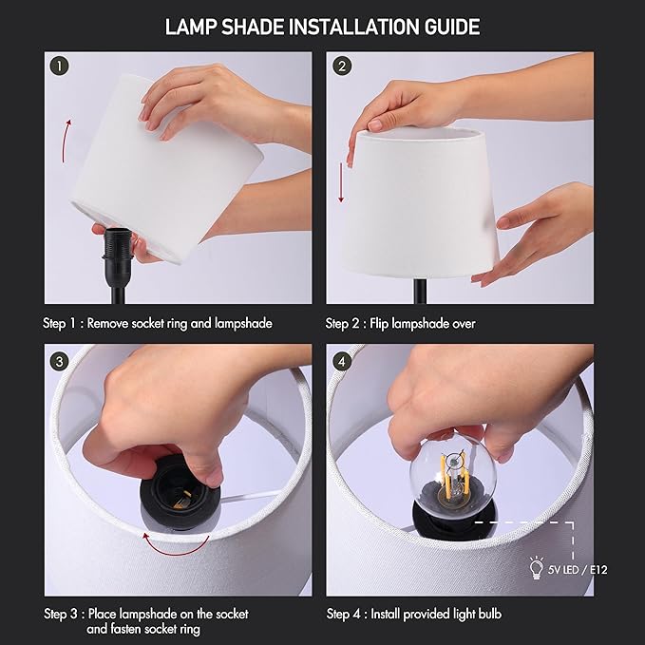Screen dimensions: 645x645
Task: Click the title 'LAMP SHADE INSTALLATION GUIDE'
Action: click(322, 26)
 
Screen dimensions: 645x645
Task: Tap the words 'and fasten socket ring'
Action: click(143, 629)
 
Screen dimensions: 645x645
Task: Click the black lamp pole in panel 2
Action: click(419, 290)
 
